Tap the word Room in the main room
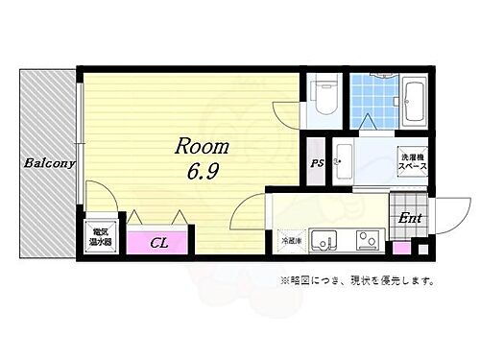coord(201,147)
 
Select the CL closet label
coord(158,244)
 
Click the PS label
coord(316,164)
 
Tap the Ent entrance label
coord(410,217)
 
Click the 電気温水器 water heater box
coord(100,236)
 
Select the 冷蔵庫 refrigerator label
coord(290,239)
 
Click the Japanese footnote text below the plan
coord(357,281)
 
